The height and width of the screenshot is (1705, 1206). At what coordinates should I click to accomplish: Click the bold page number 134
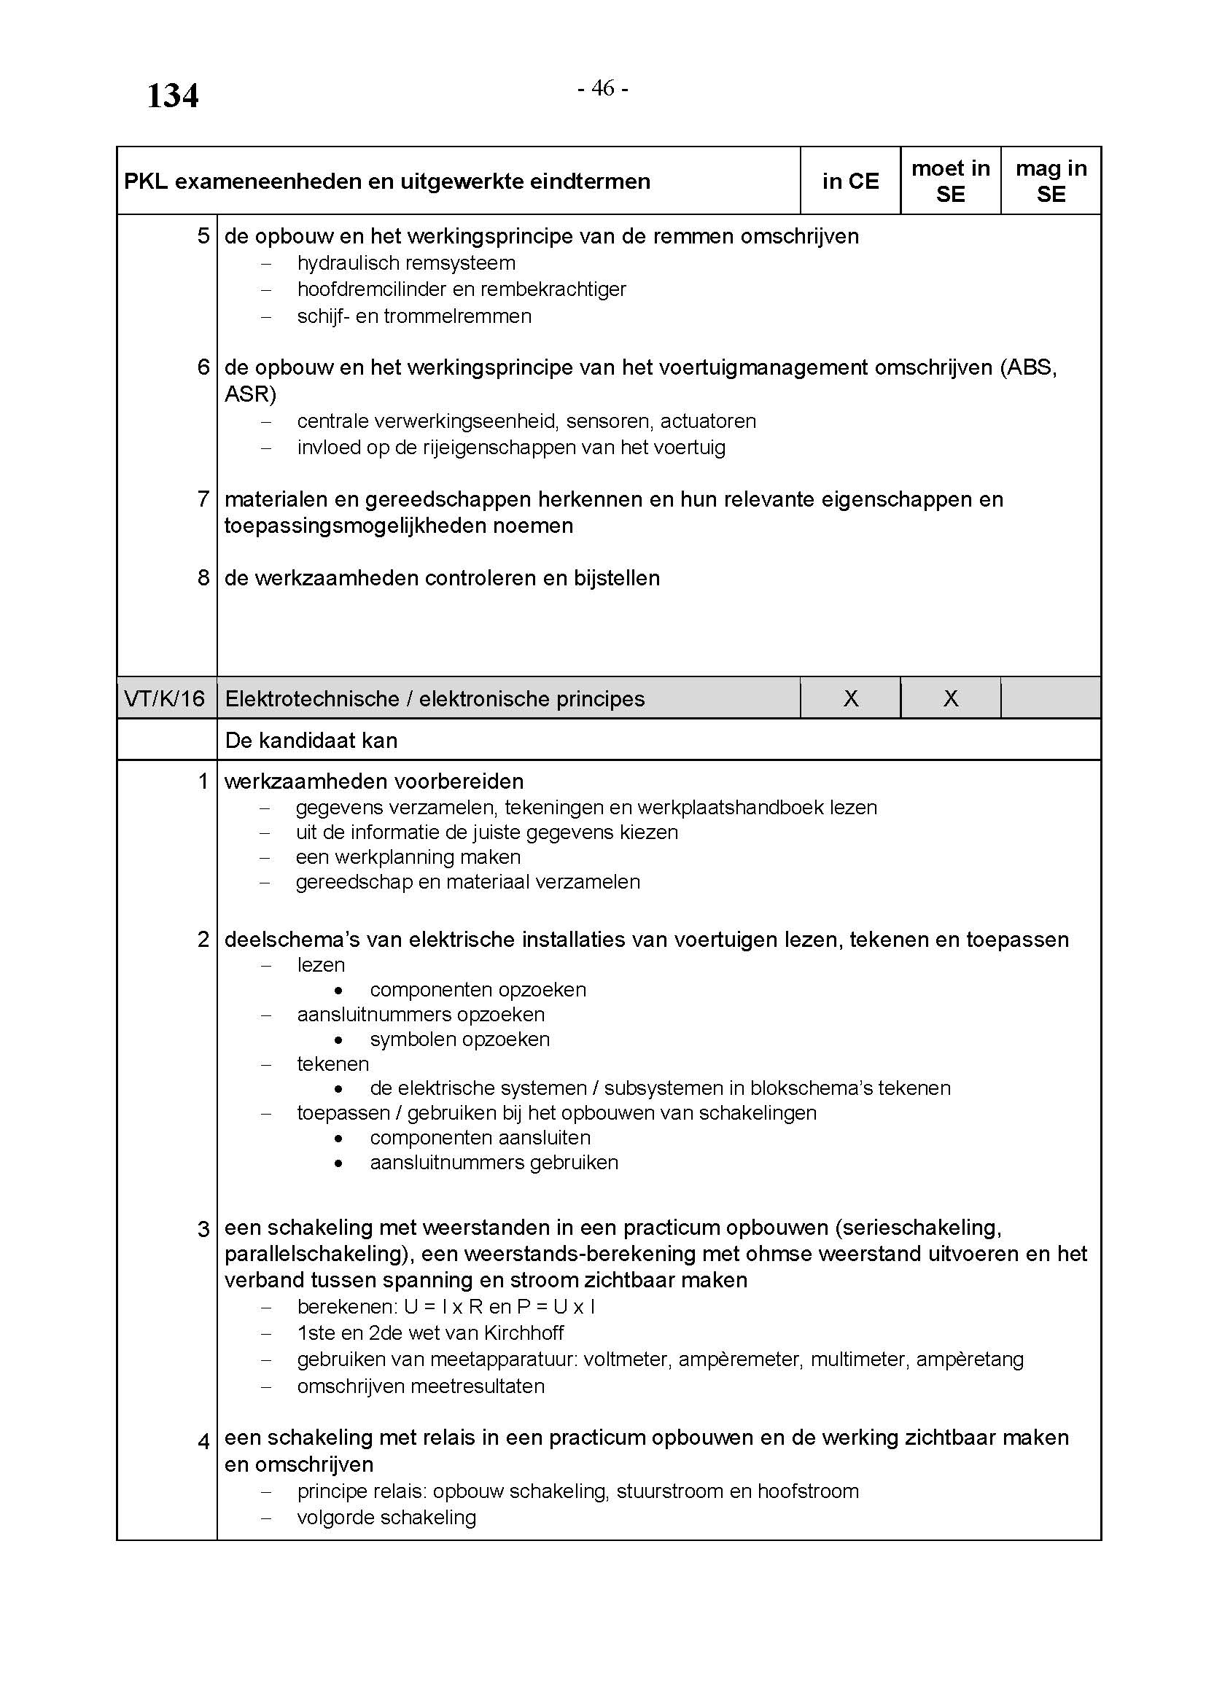click(172, 96)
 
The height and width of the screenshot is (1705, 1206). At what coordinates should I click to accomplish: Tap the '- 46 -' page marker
click(602, 88)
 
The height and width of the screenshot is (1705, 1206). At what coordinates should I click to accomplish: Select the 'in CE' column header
click(850, 182)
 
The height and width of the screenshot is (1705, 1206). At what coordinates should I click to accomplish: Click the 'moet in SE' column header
click(951, 182)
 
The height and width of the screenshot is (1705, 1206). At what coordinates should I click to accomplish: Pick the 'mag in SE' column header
click(1051, 182)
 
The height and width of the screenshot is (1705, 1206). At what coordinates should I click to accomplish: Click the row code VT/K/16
click(165, 699)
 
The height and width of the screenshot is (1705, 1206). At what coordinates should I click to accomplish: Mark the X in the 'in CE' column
click(851, 699)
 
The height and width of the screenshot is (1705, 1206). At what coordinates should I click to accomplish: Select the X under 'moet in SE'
click(951, 699)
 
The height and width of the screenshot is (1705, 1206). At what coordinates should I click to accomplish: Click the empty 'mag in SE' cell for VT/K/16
click(1051, 699)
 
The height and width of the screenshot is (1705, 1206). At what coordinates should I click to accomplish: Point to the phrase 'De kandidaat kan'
click(311, 741)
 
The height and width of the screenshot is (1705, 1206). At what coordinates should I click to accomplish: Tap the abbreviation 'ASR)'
click(250, 394)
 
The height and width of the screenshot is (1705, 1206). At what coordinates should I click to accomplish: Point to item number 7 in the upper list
click(203, 499)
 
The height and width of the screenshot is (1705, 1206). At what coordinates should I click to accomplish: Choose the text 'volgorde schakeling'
click(386, 1518)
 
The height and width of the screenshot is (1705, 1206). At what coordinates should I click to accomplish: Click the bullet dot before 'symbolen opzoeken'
click(338, 1040)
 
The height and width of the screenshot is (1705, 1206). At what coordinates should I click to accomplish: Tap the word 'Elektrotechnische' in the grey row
click(312, 699)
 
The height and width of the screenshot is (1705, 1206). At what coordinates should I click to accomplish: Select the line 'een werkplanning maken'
click(408, 858)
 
